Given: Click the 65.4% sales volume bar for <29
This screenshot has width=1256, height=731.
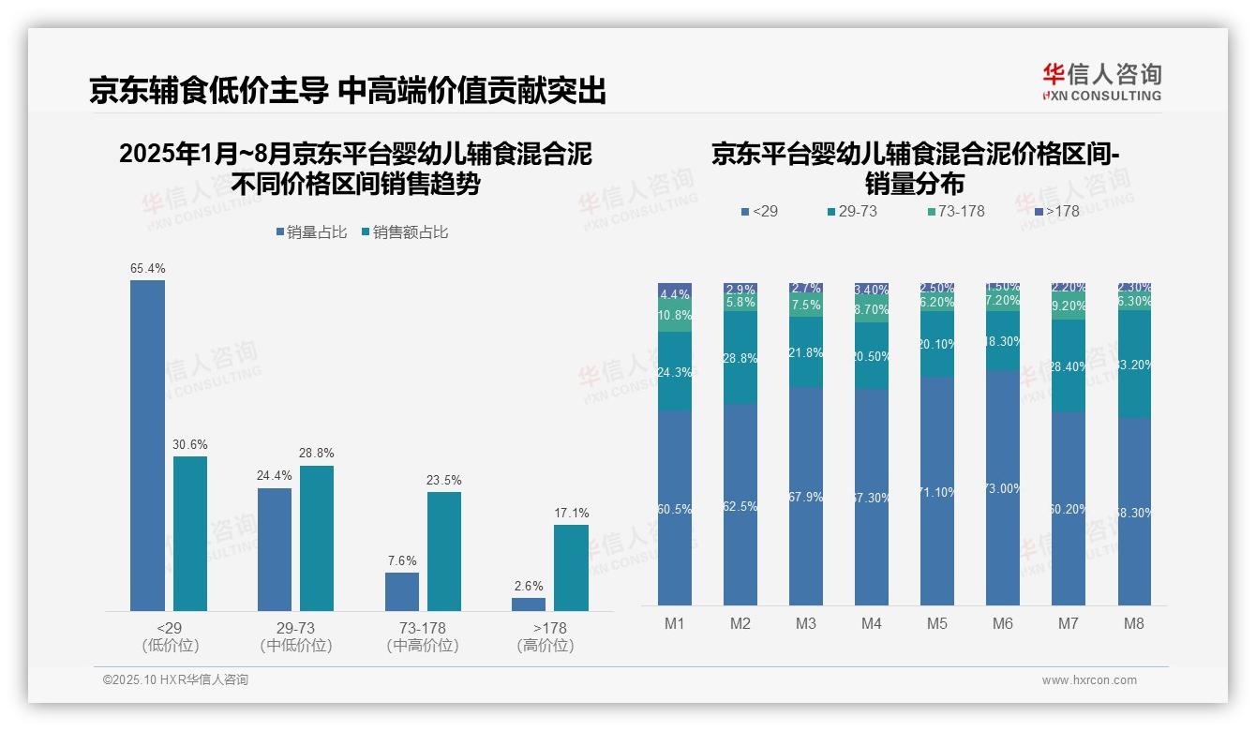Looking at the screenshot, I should coord(147,445).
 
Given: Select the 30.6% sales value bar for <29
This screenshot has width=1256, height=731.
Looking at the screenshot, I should coord(190,533).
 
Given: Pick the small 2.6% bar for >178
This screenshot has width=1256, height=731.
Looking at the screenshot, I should coord(529,604).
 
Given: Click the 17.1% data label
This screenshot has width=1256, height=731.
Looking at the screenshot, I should coord(571,513).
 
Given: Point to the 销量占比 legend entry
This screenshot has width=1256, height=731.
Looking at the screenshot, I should coord(311,232).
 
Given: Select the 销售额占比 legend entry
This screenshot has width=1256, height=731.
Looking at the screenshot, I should coord(404,232).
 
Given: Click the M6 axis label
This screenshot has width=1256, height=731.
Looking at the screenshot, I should coord(1002,623).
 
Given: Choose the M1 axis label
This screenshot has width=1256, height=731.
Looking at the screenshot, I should coord(675,623).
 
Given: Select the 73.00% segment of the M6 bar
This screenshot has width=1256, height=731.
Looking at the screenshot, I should coord(1002,487).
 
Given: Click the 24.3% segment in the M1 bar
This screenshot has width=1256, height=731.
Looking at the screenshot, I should coord(675,371).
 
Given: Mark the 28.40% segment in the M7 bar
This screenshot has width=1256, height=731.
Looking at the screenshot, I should coord(1069,365).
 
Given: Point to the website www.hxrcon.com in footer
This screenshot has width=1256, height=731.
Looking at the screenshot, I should coord(1089,680).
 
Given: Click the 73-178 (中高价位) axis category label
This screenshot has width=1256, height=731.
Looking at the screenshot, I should coord(422,636).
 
